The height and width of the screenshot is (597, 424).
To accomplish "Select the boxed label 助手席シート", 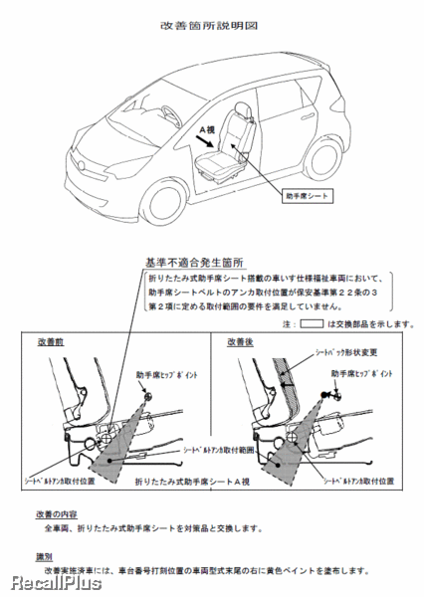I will click(x=306, y=197).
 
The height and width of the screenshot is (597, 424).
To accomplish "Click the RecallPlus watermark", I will click(x=51, y=583).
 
